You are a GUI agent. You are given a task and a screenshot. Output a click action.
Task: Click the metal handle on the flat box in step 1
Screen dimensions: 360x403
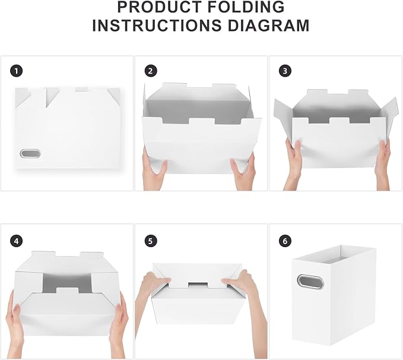[28, 153]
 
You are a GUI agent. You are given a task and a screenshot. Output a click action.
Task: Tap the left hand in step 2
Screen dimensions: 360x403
[154, 169]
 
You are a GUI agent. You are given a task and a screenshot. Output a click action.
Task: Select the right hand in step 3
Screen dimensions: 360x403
[383, 159]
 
